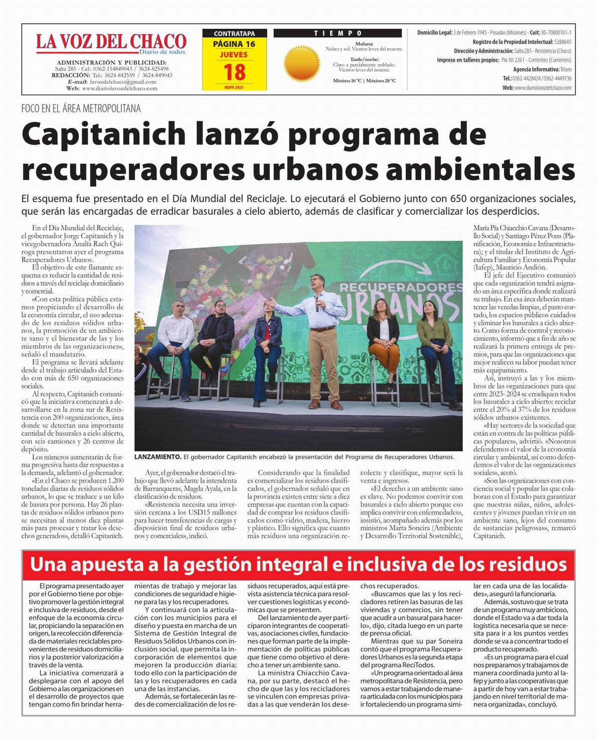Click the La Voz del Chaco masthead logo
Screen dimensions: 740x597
coord(110,43)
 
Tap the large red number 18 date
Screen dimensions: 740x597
coord(234,72)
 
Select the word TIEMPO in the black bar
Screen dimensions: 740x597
coord(338,33)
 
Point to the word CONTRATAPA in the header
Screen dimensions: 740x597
coord(234,34)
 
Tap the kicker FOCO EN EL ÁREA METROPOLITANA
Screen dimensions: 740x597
coord(81,108)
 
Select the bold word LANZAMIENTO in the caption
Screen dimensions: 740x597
coord(158,457)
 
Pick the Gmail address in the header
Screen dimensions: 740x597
coord(122,82)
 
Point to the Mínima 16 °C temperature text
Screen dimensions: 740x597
coord(348,81)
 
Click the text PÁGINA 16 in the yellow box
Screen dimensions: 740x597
coord(234,44)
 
